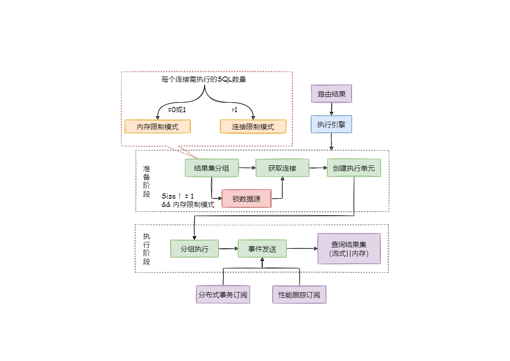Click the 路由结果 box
point(332,94)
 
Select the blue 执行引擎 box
point(332,124)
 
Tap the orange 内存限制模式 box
point(157,127)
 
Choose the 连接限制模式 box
point(253,127)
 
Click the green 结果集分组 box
point(212,168)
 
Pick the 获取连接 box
point(282,168)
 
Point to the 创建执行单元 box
point(354,168)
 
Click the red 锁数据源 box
point(246,199)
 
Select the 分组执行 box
point(195,249)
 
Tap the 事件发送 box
point(262,249)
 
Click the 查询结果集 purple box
point(349,249)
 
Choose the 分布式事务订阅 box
point(223,295)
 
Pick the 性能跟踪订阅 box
point(299,295)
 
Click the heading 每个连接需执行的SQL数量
point(204,80)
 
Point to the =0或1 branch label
point(177,110)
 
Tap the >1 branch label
point(234,110)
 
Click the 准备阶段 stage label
point(147,181)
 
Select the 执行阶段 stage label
point(147,249)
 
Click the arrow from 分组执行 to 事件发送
point(228,249)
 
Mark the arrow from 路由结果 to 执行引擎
point(332,109)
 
